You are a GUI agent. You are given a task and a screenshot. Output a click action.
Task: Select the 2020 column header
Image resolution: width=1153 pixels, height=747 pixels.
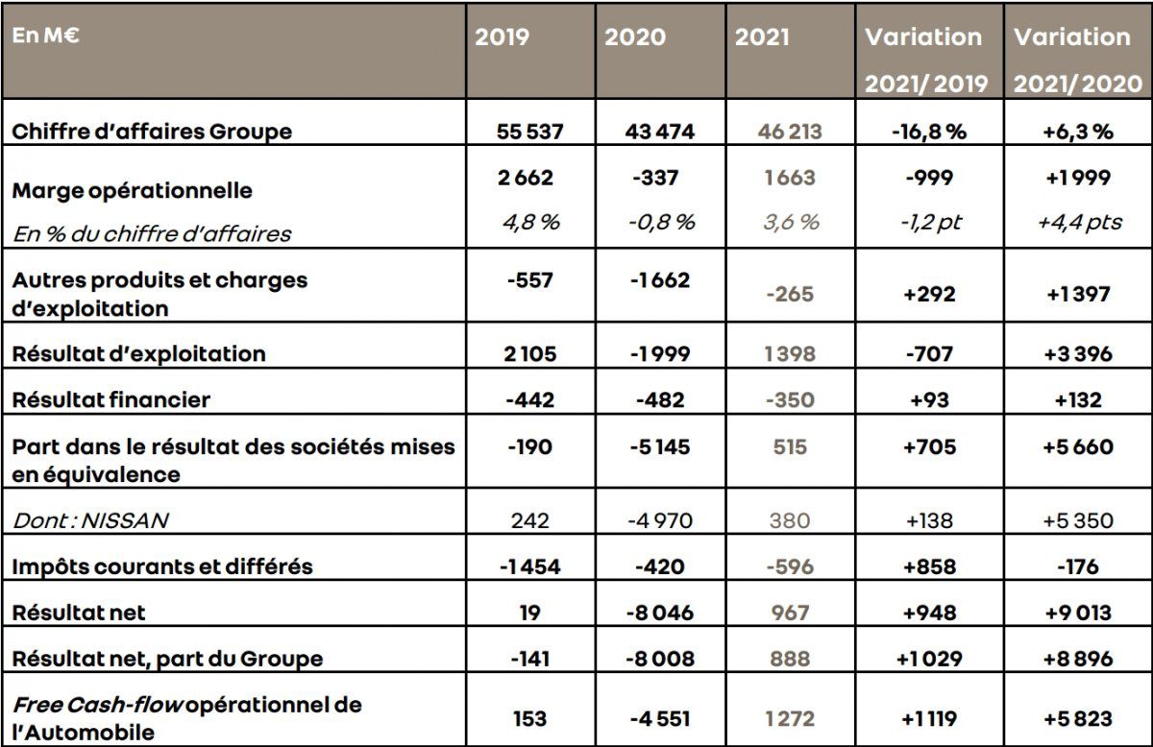[635, 37]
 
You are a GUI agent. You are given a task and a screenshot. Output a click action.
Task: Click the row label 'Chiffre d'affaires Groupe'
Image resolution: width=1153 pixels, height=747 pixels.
[152, 132]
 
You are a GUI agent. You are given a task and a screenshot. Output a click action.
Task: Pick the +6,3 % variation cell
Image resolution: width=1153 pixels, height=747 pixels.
[1076, 132]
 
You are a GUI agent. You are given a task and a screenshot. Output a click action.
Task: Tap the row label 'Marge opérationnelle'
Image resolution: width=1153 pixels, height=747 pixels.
[132, 190]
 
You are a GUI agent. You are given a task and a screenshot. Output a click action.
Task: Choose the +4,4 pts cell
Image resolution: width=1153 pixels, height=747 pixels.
[1076, 222]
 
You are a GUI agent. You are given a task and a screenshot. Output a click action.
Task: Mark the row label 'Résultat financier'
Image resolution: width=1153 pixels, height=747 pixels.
[110, 398]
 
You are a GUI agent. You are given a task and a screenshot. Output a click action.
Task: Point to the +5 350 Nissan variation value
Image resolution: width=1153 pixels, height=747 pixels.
[1076, 521]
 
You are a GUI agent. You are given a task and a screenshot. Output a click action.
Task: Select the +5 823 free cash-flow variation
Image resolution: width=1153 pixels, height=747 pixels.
[1076, 716]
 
